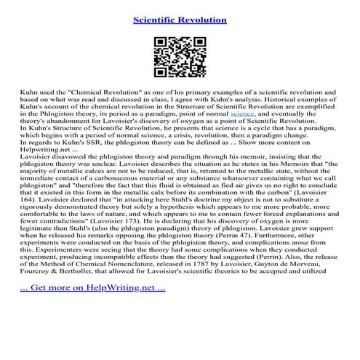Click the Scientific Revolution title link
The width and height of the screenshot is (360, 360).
pyautogui.click(x=180, y=19)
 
